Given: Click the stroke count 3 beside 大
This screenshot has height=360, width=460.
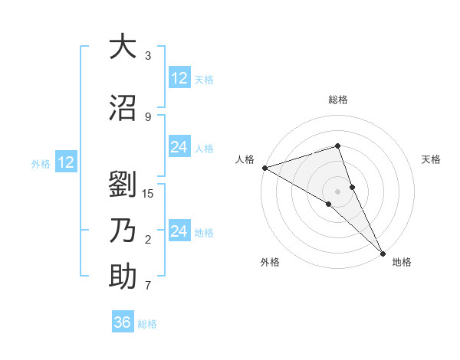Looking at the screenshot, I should pyautogui.click(x=148, y=56).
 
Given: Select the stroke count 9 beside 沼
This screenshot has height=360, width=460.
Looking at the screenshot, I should pyautogui.click(x=148, y=116).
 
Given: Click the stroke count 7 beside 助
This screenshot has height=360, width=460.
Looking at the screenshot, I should pyautogui.click(x=148, y=286).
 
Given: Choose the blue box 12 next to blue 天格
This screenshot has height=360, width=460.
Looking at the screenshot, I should pyautogui.click(x=179, y=78).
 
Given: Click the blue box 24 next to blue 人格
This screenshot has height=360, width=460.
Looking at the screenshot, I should pyautogui.click(x=179, y=147).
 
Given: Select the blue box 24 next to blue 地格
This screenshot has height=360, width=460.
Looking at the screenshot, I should pyautogui.click(x=179, y=231).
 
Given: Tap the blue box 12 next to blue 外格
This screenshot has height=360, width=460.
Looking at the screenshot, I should pyautogui.click(x=65, y=162).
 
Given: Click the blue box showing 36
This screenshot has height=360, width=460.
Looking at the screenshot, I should pyautogui.click(x=122, y=322).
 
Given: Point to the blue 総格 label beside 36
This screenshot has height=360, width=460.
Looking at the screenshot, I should pyautogui.click(x=147, y=324).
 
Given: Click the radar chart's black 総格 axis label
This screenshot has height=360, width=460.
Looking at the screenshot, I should pyautogui.click(x=337, y=100).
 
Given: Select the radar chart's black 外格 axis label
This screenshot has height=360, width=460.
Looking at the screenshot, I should pyautogui.click(x=270, y=262).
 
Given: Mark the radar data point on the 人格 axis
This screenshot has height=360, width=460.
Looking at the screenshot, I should pyautogui.click(x=264, y=168).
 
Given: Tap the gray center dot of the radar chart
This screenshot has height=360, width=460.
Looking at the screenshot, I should pyautogui.click(x=337, y=191).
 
